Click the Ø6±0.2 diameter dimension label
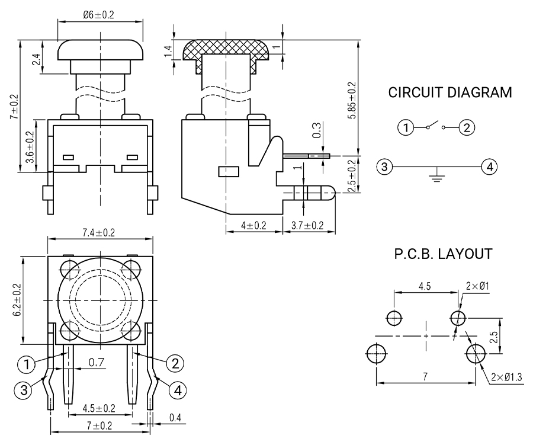pos(101,14)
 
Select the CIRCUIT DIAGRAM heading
pos(450,93)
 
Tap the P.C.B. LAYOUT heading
pos(443,254)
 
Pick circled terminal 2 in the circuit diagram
pos(467,127)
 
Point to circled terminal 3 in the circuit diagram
pos(385,168)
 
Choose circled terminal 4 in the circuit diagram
pos(489,168)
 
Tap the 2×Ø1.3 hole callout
pos(506,377)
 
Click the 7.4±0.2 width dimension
pos(99,232)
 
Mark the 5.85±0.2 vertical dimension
pos(352,101)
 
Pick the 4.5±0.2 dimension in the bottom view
pos(99,408)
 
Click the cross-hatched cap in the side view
pos(225,49)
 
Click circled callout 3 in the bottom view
pos(23,389)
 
